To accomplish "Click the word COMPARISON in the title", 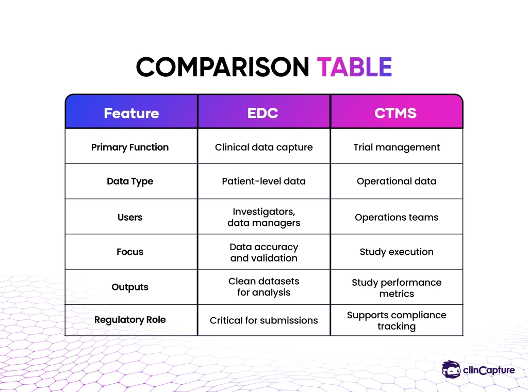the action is (222, 67).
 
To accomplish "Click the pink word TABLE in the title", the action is (354, 67).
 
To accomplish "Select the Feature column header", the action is (131, 113).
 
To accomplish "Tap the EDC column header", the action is (263, 113).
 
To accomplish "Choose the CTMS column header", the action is (395, 113).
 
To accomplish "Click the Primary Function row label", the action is (130, 148).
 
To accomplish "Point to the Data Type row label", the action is (130, 182).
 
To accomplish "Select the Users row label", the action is (130, 217).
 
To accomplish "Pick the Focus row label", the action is (130, 252).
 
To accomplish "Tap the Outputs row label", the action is (130, 287).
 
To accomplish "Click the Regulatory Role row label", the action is (130, 320).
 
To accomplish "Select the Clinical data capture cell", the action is (264, 148).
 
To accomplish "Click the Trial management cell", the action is (397, 148).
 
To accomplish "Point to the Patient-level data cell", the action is (264, 181).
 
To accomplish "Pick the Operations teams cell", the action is (397, 218).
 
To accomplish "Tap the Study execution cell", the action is (397, 252).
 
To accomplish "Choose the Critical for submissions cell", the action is (264, 320).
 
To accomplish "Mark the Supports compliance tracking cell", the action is (397, 321).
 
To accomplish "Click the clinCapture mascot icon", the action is (451, 369).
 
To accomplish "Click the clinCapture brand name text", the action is (489, 370).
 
